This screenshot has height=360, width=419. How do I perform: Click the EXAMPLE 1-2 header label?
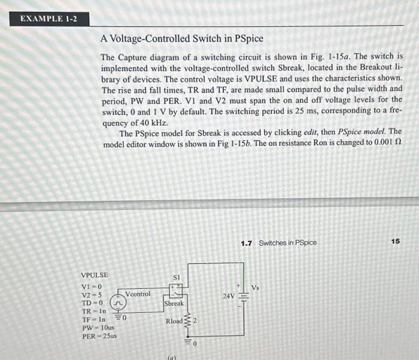pyautogui.click(x=48, y=19)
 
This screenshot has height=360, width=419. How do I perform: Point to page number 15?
pyautogui.click(x=395, y=241)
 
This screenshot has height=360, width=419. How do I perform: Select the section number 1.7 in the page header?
pyautogui.click(x=246, y=243)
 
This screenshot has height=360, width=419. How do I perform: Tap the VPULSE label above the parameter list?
pyautogui.click(x=95, y=275)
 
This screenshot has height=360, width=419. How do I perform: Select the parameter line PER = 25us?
pyautogui.click(x=99, y=336)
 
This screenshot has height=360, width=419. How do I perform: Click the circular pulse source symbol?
pyautogui.click(x=118, y=304)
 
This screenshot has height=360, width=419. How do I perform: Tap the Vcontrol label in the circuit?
pyautogui.click(x=138, y=294)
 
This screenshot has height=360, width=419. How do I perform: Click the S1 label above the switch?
pyautogui.click(x=176, y=277)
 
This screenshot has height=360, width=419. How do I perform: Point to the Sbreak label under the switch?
pyautogui.click(x=174, y=304)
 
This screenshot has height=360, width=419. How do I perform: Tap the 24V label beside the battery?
pyautogui.click(x=229, y=296)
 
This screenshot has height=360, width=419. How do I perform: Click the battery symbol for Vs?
pyautogui.click(x=243, y=295)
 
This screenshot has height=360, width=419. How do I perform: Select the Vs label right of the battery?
pyautogui.click(x=256, y=288)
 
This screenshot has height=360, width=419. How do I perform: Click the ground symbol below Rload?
pyautogui.click(x=188, y=341)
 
